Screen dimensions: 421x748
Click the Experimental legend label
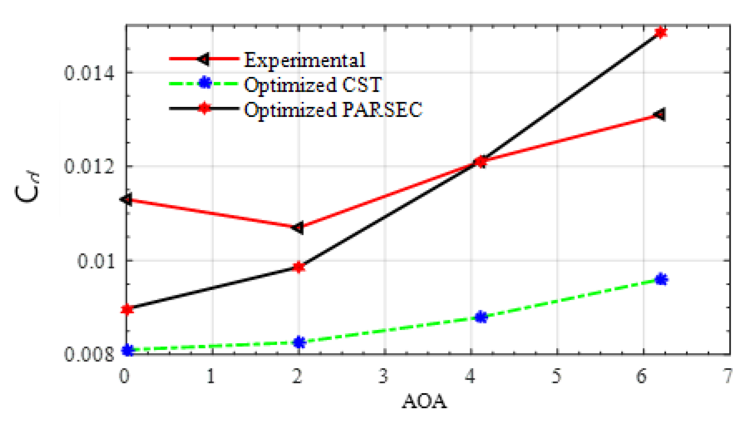coord(305,61)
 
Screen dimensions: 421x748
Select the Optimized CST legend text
coord(313,85)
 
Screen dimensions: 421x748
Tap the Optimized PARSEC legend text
coord(333,110)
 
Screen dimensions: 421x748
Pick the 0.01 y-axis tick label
coord(95,261)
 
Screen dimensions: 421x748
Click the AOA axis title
coord(424,401)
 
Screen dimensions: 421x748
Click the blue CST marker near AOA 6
coord(661,279)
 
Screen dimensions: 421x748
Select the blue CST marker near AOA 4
coord(481,317)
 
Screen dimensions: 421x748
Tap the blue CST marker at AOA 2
coord(299,342)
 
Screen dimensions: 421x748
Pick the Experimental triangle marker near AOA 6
coord(660,115)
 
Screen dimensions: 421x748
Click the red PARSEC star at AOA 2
coord(299,267)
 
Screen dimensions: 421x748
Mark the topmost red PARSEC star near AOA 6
coord(661,33)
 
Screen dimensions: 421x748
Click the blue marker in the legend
coord(205,83)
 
